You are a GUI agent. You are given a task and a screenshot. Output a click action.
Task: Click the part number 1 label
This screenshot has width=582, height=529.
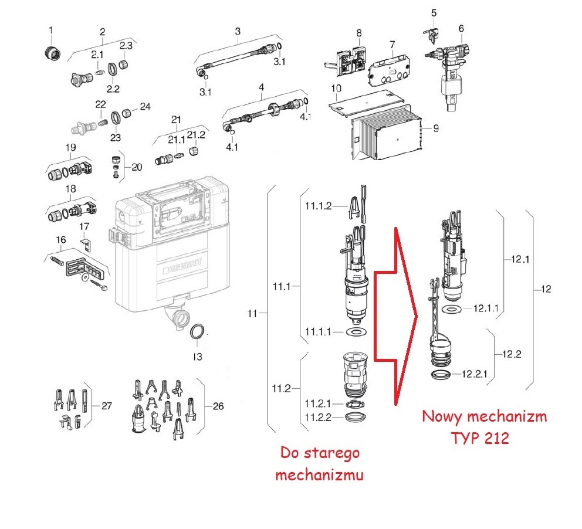[x=50, y=30]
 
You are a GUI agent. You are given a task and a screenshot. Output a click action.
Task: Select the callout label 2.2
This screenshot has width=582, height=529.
[x=113, y=89]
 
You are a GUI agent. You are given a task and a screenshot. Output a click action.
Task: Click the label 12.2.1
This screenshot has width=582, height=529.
[x=476, y=374]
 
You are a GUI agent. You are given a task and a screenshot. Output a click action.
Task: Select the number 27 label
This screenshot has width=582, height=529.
[x=106, y=405]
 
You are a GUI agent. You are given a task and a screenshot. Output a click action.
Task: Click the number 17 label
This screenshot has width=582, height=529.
[x=85, y=226]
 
